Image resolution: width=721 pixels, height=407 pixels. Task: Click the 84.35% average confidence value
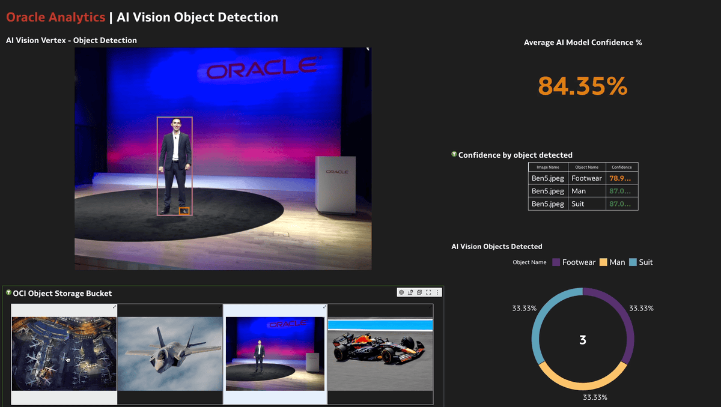582,86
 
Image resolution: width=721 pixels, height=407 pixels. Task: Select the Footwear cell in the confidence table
586,178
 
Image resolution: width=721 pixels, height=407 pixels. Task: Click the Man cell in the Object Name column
579,191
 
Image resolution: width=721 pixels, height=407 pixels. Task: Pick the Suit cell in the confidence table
578,204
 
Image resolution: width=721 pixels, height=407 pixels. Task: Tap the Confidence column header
621,167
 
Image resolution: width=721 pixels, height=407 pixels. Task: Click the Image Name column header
547,167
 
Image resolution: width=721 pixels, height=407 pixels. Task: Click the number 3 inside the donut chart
582,340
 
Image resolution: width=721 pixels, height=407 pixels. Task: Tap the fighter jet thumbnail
170,354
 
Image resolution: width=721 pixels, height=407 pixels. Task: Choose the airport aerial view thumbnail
64,354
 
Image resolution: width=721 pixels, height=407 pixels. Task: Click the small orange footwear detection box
184,211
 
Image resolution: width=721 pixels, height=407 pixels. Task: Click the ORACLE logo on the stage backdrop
263,68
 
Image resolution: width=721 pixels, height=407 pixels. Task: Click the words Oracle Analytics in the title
55,17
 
